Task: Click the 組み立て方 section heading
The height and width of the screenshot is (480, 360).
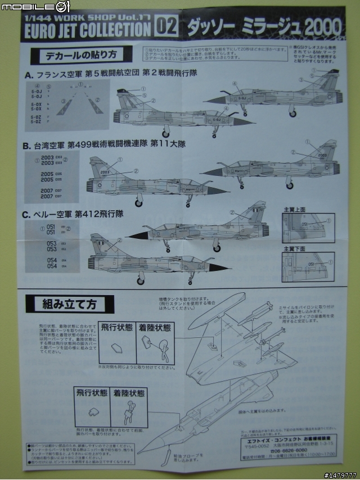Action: pos(70,304)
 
